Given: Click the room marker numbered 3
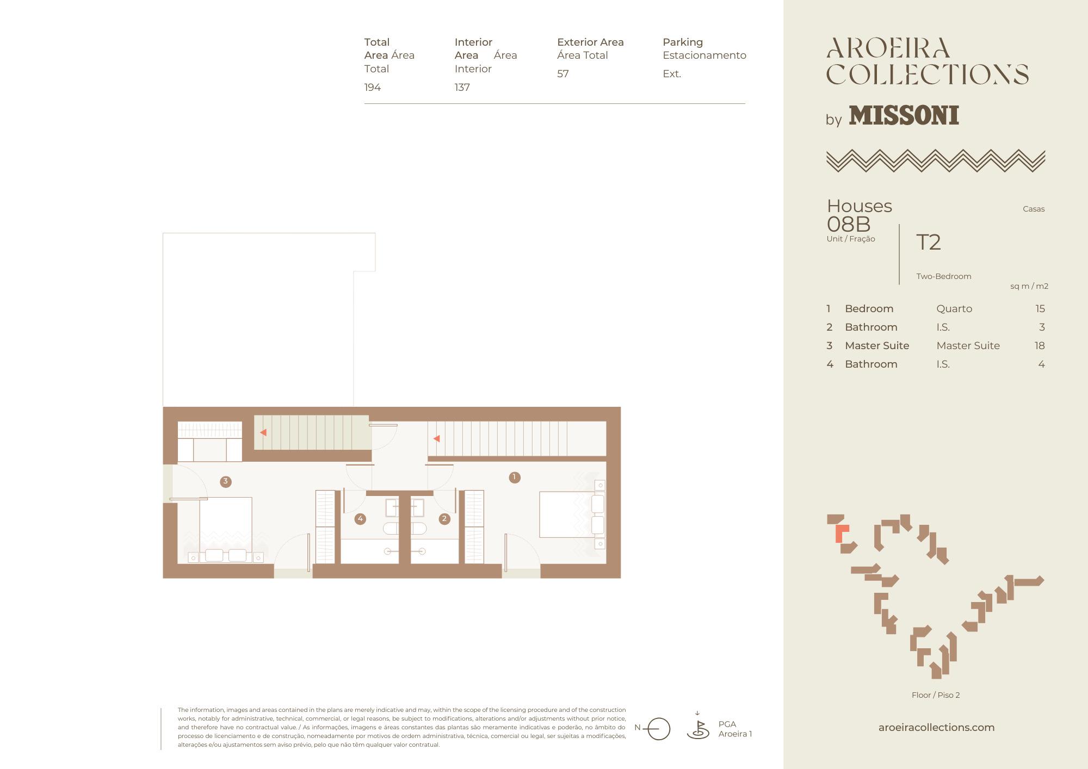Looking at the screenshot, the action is click(225, 481).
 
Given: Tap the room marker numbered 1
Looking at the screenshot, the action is click(514, 477).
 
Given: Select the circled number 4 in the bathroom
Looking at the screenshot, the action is click(360, 519).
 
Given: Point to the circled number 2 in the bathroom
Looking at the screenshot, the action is click(444, 519).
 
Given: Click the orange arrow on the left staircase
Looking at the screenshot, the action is click(263, 432).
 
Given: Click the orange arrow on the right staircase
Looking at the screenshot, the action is click(436, 438).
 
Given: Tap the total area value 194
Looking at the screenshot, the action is click(373, 87).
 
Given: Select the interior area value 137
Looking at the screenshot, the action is click(462, 87).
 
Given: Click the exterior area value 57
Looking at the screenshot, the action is click(563, 73).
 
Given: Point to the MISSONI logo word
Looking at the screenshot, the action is click(904, 115).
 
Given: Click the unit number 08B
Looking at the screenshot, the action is click(849, 224).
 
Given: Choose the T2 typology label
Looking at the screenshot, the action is click(929, 242).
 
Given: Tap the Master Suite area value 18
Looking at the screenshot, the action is click(1040, 345).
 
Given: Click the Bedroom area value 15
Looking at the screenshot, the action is click(1040, 308).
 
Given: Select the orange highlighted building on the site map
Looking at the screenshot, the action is click(841, 532).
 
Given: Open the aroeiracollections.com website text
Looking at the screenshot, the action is click(936, 727).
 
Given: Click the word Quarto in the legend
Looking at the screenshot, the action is click(954, 308).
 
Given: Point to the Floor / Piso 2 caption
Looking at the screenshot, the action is click(936, 694).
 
